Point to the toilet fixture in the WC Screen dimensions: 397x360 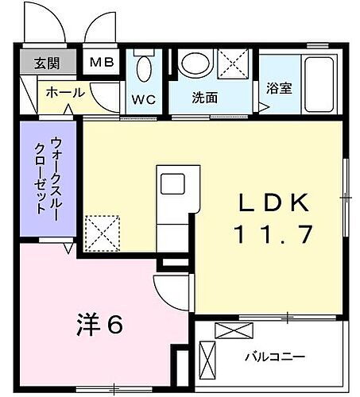pyautogui.click(x=143, y=67)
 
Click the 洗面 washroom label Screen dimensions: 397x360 pyautogui.click(x=203, y=98)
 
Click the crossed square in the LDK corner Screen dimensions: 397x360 pyautogui.click(x=101, y=233)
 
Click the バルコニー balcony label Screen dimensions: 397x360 pyautogui.click(x=274, y=357)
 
